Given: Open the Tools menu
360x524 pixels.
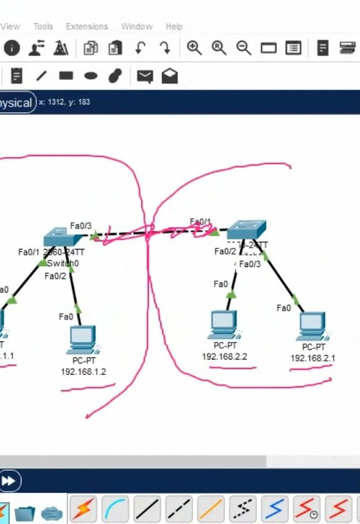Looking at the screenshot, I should click(x=43, y=26).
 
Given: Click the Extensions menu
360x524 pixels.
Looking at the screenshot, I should click(x=87, y=26).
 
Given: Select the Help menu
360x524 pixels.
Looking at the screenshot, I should click(x=174, y=26).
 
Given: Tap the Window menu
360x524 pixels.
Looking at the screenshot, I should click(x=137, y=26).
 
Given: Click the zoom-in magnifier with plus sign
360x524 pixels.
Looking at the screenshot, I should click(x=194, y=48).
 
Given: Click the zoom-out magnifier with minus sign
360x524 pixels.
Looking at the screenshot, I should click(x=244, y=48).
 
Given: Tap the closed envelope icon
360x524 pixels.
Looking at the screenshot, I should click(x=145, y=76).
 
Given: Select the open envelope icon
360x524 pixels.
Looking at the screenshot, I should click(x=169, y=76).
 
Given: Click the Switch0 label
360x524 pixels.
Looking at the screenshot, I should click(x=63, y=263).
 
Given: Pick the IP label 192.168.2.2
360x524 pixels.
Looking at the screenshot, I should click(x=225, y=357).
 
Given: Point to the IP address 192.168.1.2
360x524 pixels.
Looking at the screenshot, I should click(x=83, y=371).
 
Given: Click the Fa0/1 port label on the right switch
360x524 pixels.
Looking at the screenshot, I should click(x=200, y=222).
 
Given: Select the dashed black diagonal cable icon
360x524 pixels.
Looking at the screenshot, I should click(x=180, y=509).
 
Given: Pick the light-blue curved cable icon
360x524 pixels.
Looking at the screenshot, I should click(x=115, y=509).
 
